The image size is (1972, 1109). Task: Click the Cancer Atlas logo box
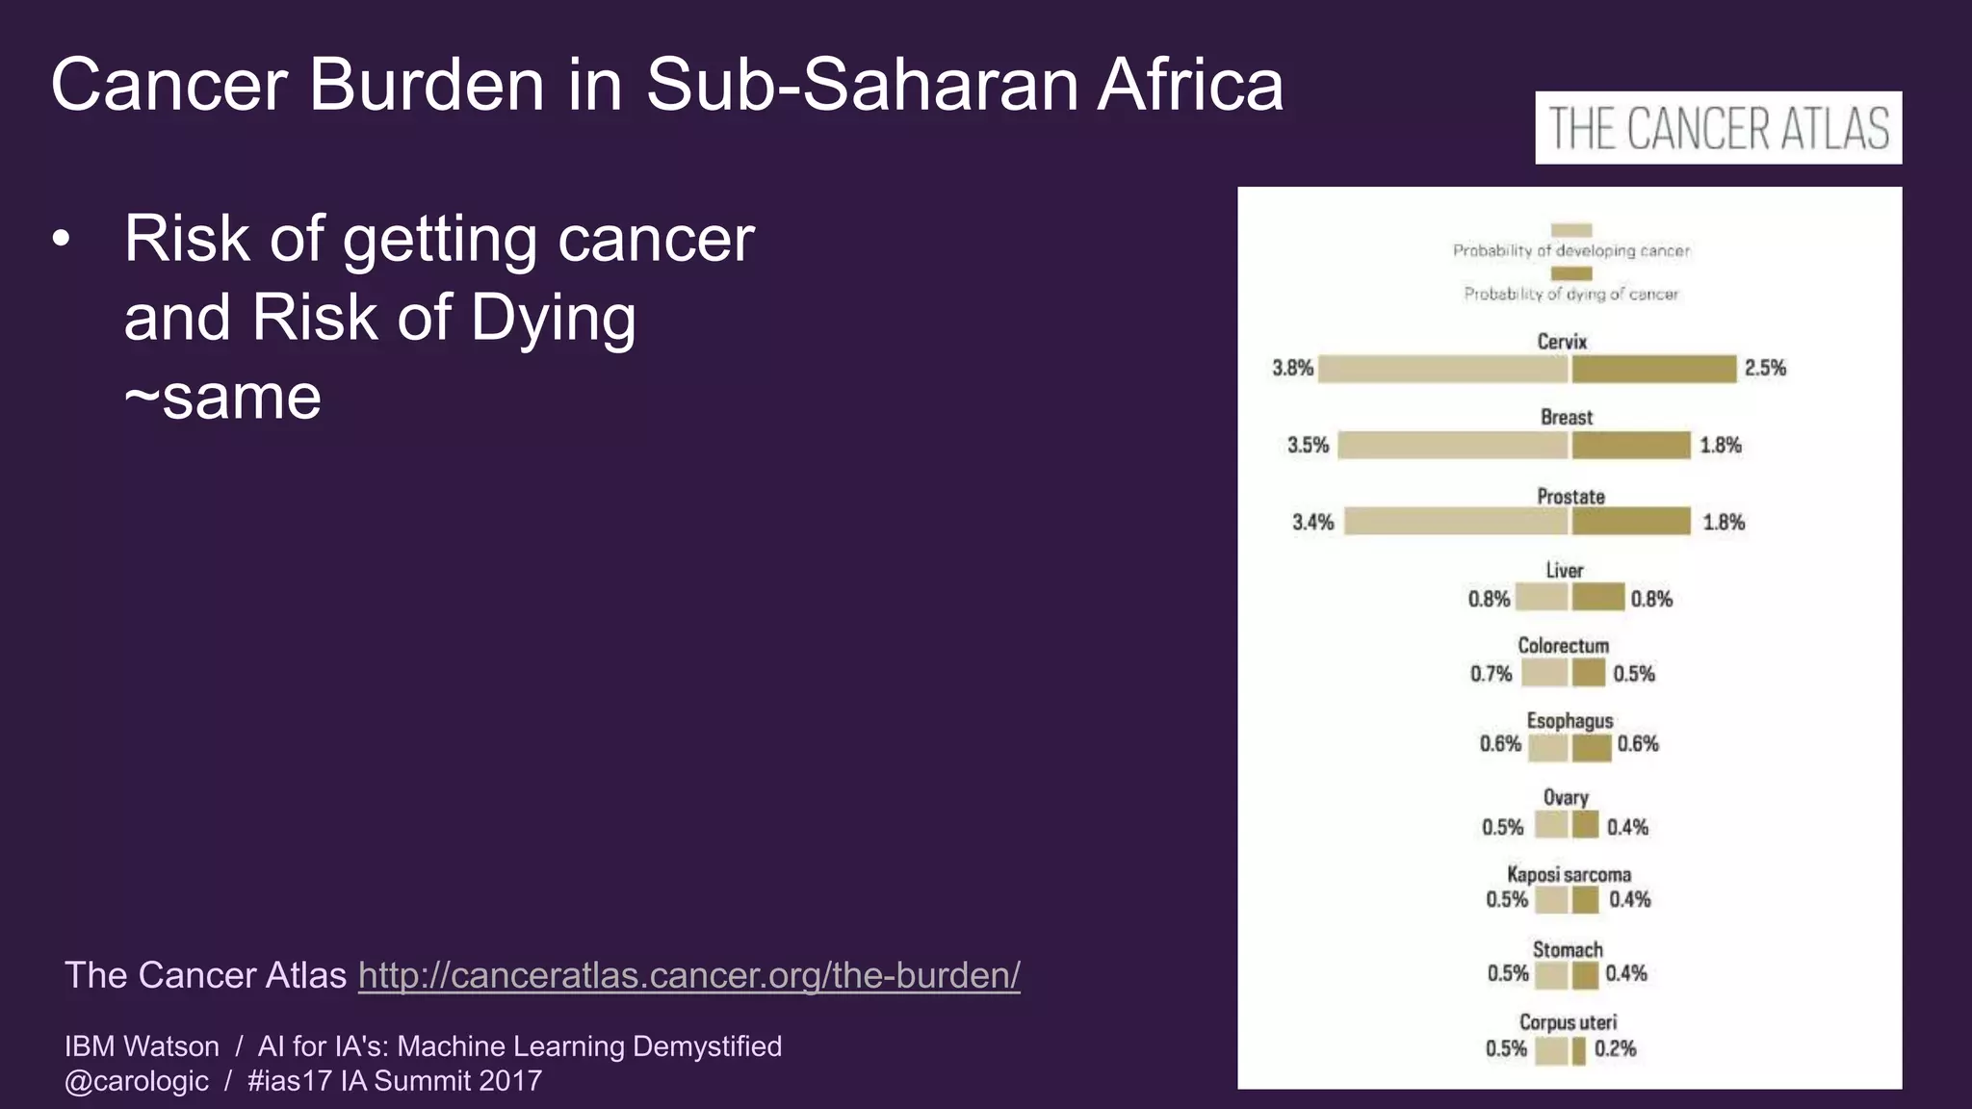point(1718,128)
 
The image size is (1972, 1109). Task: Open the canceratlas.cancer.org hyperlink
point(688,975)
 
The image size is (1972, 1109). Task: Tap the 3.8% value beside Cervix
point(1292,368)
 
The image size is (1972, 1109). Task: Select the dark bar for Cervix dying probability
point(1653,369)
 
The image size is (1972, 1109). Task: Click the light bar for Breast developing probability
point(1452,445)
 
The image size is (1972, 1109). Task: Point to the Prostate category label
point(1570,497)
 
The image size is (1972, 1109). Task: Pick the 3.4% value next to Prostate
point(1312,522)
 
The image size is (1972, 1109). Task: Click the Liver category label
point(1565,570)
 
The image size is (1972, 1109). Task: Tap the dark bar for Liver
point(1598,598)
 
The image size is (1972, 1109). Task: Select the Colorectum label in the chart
point(1564,645)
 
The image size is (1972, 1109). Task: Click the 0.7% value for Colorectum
point(1491,674)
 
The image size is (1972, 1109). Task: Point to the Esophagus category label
point(1570,720)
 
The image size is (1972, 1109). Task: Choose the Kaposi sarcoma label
point(1569,874)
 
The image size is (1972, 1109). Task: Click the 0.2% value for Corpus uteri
point(1615,1048)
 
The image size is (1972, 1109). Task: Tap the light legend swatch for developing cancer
point(1571,230)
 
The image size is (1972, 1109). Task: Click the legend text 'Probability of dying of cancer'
point(1571,294)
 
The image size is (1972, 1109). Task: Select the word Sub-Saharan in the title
point(862,85)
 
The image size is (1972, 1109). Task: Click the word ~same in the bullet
point(222,397)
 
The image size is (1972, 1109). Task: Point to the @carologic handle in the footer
point(137,1081)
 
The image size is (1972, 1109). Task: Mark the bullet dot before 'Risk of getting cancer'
point(62,240)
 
